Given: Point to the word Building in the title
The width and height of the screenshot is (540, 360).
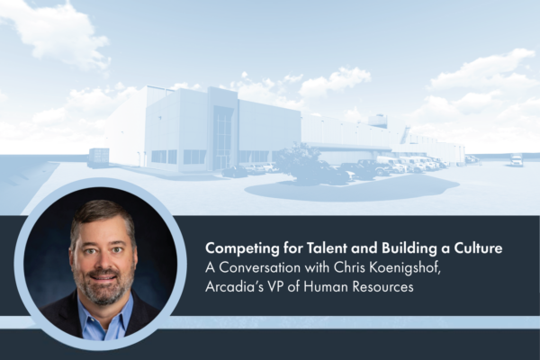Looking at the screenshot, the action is click(406, 248).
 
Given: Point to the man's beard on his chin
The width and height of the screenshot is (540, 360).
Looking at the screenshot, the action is click(103, 293).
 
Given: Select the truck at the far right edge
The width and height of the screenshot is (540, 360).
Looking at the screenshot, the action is click(516, 160).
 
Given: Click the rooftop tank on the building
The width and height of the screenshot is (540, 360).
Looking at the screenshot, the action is click(377, 121).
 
